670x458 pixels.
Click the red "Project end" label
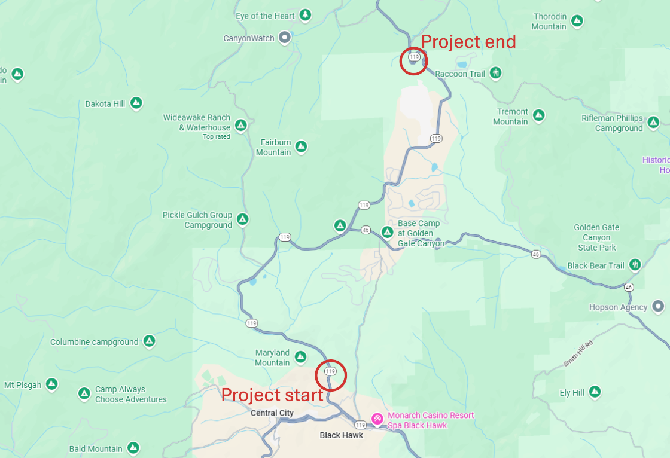pos(468,42)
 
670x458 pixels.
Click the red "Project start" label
pos(272,395)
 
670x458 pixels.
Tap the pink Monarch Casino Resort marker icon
pos(377,419)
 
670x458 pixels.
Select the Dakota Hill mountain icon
pos(136,103)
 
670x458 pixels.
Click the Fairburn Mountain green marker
pos(301,146)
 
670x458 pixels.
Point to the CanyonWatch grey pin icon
pos(285,38)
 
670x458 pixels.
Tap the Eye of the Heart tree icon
pos(305,15)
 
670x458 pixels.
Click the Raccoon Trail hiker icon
pos(495,73)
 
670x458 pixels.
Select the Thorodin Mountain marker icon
pos(577,21)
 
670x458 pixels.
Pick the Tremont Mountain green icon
pos(538,115)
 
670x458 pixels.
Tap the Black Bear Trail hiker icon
pos(635,265)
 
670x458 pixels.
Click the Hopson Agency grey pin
pos(659,307)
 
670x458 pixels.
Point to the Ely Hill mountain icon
pos(595,392)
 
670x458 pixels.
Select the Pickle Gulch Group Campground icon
pos(242,219)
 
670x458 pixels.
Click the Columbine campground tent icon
pos(149,341)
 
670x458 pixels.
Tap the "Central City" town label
pos(272,413)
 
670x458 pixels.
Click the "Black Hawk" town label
pos(342,435)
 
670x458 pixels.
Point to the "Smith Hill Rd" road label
pos(577,353)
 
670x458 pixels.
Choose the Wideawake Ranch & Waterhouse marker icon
pos(240,125)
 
